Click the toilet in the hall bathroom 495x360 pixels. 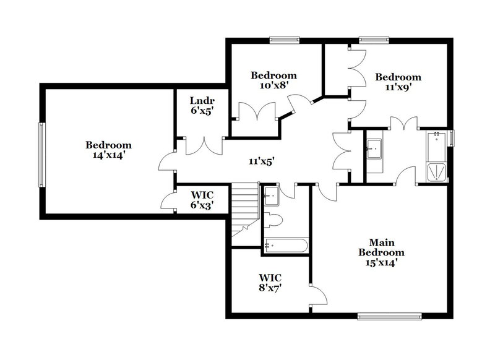point(275,220)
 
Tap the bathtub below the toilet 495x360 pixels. point(285,246)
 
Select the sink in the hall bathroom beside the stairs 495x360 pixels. point(270,197)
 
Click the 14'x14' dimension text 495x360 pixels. point(108,156)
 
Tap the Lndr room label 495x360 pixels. point(201,105)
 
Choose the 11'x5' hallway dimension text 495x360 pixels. point(261,161)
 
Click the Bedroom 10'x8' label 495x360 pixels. point(273,80)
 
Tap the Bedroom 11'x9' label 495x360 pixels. point(398,82)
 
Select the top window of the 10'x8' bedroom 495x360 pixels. point(285,41)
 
